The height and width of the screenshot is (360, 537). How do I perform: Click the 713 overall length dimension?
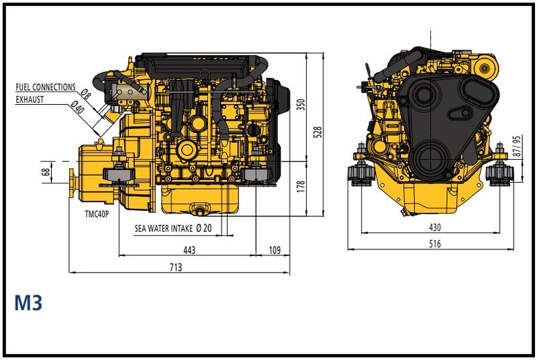(176, 267)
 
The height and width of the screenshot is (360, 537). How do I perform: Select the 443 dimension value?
(189, 250)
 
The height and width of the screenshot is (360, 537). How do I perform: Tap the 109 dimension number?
(275, 250)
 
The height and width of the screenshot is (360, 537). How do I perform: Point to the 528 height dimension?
(318, 132)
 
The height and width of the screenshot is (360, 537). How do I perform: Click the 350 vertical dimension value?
(301, 105)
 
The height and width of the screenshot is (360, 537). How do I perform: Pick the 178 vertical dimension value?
(301, 187)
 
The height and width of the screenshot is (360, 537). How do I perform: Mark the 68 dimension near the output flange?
(46, 172)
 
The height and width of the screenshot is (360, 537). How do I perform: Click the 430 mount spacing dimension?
(435, 227)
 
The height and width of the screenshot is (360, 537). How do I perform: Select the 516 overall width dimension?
(435, 244)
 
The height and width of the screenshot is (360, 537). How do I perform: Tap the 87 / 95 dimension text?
(517, 146)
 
